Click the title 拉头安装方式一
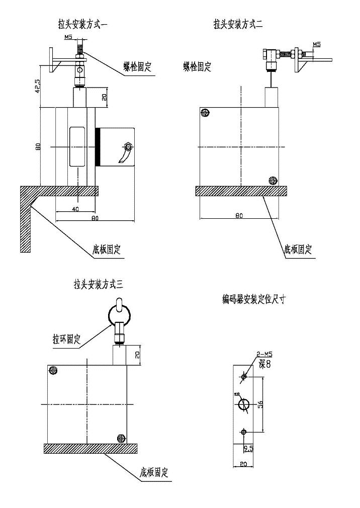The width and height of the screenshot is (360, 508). (84, 23)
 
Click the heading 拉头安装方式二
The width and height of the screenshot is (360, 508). (238, 23)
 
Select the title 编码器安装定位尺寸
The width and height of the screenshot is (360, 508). (255, 300)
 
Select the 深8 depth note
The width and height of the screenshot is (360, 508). (264, 363)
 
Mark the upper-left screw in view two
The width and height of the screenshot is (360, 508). (204, 113)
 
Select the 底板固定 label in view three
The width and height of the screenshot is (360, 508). (154, 473)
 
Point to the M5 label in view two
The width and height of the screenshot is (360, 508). (316, 45)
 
